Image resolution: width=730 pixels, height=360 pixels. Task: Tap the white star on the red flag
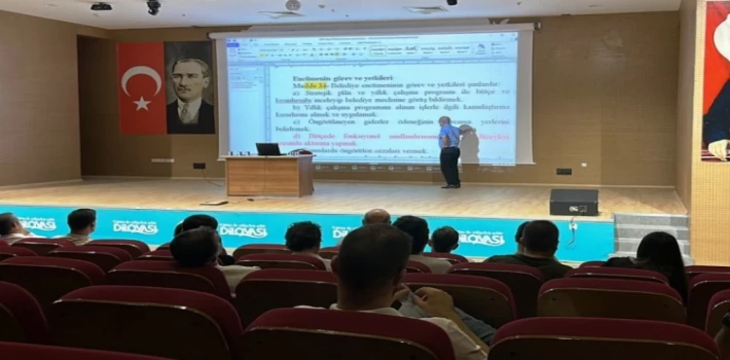[141, 103]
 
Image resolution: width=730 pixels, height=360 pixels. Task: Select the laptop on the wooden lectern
[268, 149]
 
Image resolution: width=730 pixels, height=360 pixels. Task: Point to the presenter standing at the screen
[449, 151]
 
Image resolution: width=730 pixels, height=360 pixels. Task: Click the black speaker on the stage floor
[574, 202]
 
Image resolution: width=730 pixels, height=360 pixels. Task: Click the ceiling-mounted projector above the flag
[101, 7]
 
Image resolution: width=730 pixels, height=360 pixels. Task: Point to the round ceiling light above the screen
[293, 5]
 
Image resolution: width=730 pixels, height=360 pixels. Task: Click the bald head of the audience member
[376, 217]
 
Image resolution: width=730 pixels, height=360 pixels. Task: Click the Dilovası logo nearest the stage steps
[481, 237]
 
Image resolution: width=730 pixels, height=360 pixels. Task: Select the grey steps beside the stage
[651, 232]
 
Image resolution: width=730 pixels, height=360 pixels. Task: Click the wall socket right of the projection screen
[563, 171]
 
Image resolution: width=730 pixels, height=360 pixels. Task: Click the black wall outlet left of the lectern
[199, 166]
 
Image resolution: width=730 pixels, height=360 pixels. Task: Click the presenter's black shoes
[450, 185]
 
